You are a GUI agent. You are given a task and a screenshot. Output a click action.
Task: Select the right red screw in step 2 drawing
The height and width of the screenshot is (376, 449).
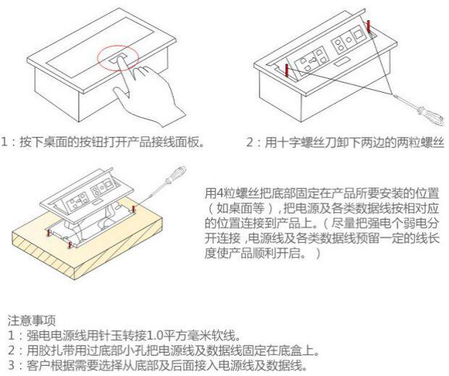[x=370, y=28]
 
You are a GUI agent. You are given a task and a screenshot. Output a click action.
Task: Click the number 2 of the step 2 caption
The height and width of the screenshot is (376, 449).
[x=251, y=143]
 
